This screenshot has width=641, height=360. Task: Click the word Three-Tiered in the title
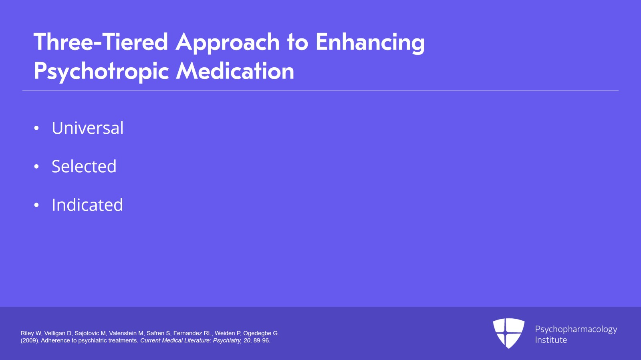[x=101, y=42]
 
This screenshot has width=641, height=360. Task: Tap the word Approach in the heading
[x=228, y=43]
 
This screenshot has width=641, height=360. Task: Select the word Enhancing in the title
[x=370, y=43]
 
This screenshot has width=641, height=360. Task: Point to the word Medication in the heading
[x=235, y=70]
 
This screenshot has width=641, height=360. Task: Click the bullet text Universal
[x=88, y=127]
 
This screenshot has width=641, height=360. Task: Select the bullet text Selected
[x=84, y=166]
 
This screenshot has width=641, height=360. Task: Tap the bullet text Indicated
[x=87, y=205]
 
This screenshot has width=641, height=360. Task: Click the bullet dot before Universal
[x=36, y=128]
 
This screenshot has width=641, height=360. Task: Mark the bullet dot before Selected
[x=36, y=167]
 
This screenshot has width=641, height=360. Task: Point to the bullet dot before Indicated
[x=36, y=205]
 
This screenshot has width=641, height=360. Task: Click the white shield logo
[x=509, y=333]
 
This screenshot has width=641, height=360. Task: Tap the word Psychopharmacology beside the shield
[x=576, y=330]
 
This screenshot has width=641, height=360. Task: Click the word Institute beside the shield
[x=551, y=340]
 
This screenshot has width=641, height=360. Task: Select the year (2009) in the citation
[x=30, y=340]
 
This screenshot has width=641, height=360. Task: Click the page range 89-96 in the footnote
[x=262, y=340]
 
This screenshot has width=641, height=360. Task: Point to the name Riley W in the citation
[x=31, y=333]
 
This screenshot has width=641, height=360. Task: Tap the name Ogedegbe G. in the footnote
[x=261, y=334]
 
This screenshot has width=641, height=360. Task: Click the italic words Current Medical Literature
[x=176, y=340]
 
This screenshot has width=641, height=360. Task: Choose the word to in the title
[x=298, y=42]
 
